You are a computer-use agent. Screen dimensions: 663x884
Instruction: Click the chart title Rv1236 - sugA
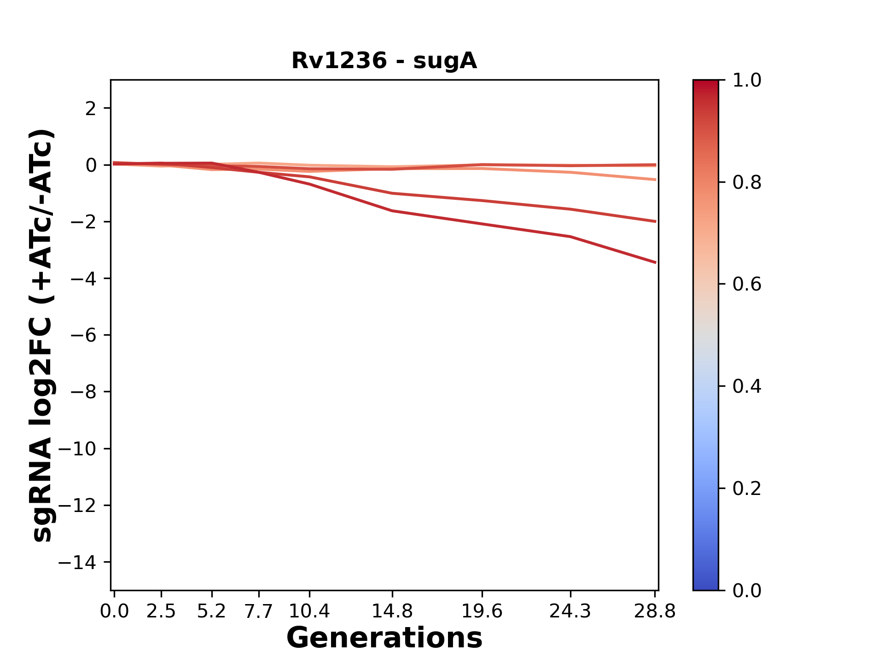coord(384,61)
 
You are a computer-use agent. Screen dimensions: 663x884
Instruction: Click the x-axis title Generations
coord(384,638)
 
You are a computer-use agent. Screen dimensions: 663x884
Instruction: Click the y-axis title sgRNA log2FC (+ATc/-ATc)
coord(42,335)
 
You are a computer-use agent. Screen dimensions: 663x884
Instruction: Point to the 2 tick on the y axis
coord(90,109)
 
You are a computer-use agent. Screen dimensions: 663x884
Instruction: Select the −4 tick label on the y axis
coord(83,279)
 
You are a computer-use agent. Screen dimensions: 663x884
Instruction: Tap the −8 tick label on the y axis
coord(83,392)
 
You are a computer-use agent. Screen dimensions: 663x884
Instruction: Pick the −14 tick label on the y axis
coord(77,562)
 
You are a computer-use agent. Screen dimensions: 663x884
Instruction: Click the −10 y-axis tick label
coord(77,449)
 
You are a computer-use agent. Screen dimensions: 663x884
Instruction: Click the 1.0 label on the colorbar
coord(747,81)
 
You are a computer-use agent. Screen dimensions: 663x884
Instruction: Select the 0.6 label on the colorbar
coord(747,285)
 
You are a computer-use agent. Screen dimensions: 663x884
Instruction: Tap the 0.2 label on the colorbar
coord(747,489)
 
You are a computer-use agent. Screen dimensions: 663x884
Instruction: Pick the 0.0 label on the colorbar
coord(747,591)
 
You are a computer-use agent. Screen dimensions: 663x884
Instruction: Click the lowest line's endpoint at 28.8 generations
coord(655,262)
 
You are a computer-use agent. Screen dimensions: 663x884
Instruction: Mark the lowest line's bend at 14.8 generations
coord(392,211)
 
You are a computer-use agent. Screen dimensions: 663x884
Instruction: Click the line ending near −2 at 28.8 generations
coord(655,221)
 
